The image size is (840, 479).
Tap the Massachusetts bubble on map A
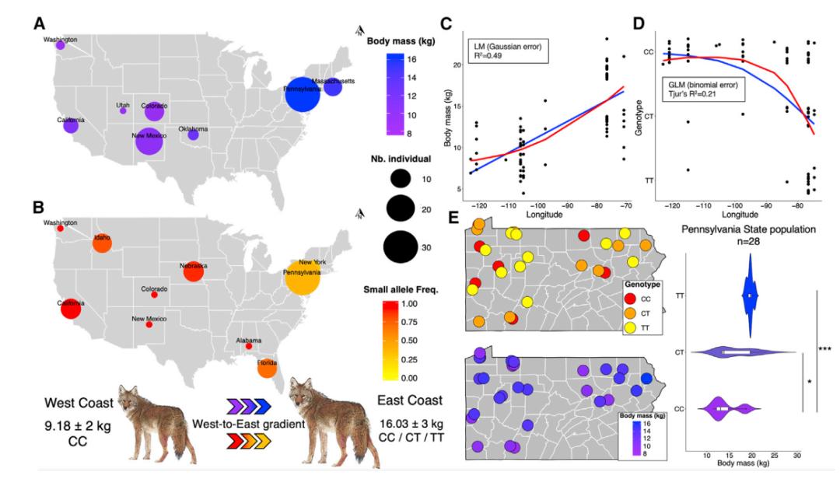click(333, 87)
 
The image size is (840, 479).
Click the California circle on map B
click(71, 308)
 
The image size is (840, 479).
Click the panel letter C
click(446, 23)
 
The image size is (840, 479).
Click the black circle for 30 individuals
click(401, 248)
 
